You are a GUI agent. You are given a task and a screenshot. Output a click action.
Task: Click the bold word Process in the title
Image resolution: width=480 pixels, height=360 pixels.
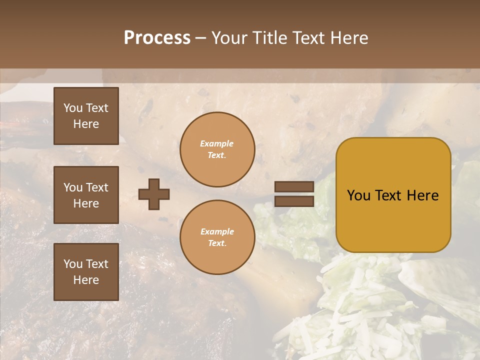coord(157,38)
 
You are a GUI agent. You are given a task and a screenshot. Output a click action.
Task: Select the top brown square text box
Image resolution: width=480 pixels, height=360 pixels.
coord(86,116)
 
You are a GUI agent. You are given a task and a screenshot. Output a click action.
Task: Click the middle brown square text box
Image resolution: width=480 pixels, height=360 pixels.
coord(86,195)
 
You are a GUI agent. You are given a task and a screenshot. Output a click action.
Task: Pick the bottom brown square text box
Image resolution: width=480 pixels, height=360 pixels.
coord(86,272)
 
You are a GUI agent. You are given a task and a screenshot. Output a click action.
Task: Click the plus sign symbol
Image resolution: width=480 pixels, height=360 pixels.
coord(154,194)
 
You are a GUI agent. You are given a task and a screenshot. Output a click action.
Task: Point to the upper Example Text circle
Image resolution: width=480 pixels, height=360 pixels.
coord(217,149)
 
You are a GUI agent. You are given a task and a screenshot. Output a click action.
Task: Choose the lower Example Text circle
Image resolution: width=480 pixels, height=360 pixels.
coord(217,237)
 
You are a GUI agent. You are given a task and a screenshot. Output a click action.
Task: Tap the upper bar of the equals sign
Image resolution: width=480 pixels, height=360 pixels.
coord(294,187)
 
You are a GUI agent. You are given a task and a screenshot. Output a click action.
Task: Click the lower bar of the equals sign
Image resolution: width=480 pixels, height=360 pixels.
coord(294,201)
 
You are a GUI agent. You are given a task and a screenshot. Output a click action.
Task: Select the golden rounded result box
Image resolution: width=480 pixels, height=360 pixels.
coord(393,195)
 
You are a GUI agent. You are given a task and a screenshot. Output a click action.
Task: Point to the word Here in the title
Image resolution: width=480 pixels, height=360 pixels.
coord(349,38)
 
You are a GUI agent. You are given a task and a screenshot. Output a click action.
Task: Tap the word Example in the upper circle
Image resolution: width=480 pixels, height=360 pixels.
coord(216,143)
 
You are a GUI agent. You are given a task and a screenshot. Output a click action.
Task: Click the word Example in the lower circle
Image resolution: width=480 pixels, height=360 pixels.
coord(217,231)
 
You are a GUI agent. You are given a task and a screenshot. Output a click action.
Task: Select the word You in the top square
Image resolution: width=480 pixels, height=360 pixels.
coord(72,108)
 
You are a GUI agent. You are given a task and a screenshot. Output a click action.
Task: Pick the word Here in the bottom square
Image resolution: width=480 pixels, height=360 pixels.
coord(86,280)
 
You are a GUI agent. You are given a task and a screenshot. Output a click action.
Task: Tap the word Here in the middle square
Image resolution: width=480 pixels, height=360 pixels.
coord(86,203)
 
